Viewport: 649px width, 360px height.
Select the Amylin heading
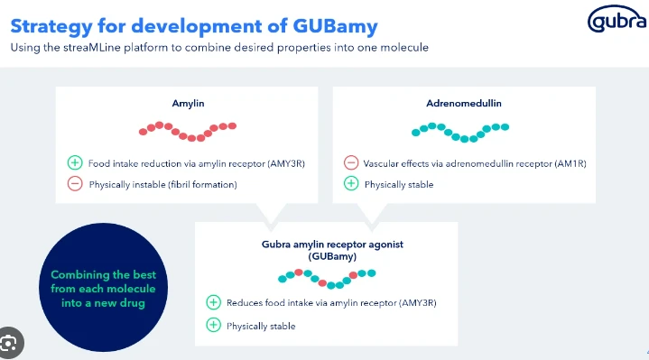pyautogui.click(x=188, y=104)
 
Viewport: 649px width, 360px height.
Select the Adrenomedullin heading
pyautogui.click(x=463, y=104)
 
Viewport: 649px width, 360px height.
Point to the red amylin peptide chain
pyautogui.click(x=188, y=131)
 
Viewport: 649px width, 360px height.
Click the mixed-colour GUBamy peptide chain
pyautogui.click(x=326, y=278)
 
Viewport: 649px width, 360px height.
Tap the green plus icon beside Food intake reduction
pyautogui.click(x=75, y=163)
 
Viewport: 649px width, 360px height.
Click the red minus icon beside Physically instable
pyautogui.click(x=75, y=185)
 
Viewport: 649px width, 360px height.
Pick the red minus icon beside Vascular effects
pyautogui.click(x=350, y=163)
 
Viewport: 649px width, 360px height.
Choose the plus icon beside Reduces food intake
pyautogui.click(x=213, y=302)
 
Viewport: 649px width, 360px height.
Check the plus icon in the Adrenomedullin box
pyautogui.click(x=350, y=185)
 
